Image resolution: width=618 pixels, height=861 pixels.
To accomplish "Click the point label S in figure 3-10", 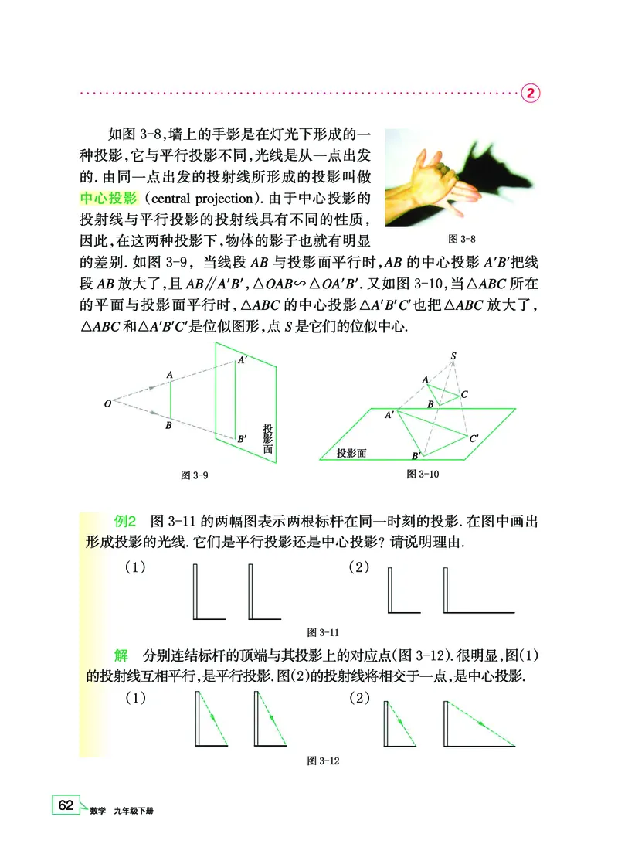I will (x=454, y=356).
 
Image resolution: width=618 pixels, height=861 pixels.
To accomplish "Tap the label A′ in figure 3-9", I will (x=243, y=359).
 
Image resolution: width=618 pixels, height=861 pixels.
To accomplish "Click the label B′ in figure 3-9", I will (x=243, y=439).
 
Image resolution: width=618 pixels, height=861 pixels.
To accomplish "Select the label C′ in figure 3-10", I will (x=474, y=438).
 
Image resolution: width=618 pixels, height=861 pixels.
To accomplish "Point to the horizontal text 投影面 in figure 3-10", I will (x=351, y=454).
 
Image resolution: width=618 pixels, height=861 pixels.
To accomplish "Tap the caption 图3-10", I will (x=423, y=474).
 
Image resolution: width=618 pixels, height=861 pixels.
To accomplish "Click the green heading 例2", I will (x=125, y=521).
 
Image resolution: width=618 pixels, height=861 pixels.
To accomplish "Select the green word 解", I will (x=121, y=656).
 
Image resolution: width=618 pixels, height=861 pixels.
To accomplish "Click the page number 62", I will (x=65, y=805).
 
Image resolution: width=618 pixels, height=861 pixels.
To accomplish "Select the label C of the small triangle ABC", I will (x=463, y=394).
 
